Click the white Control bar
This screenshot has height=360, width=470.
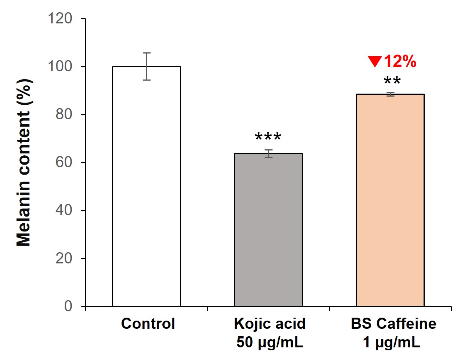pos(146,186)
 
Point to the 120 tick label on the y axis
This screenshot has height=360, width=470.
pos(60,18)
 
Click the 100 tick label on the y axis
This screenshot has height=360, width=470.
pos(60,67)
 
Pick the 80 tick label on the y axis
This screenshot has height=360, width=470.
pos(64,114)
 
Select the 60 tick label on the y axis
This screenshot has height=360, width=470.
pos(64,162)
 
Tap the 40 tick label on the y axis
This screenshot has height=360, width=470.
pos(64,210)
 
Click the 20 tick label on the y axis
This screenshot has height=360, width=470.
pos(64,258)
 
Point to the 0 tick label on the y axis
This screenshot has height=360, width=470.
pos(68,306)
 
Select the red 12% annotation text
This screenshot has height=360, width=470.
pos(400,61)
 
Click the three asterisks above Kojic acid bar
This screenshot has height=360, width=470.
pos(268,137)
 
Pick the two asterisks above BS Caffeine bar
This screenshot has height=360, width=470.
pos(392,81)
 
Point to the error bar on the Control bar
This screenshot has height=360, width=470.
pos(147,66)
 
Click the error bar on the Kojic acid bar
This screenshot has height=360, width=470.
pos(268,153)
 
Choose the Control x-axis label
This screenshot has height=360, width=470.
pos(148,324)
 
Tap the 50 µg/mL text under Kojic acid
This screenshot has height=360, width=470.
pos(270,342)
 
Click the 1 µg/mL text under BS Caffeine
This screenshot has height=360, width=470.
pos(392,342)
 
